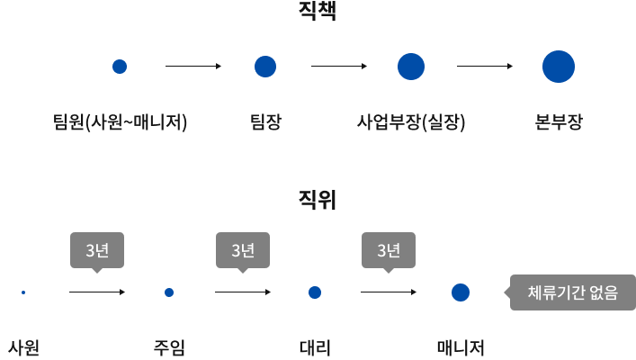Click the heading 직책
point(318,13)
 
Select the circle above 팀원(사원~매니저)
point(119,67)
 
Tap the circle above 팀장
point(264,67)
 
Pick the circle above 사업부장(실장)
point(410,67)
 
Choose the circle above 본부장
point(558,67)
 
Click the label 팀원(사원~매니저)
point(120,121)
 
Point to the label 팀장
point(264,121)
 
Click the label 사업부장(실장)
point(411,121)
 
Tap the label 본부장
point(558,121)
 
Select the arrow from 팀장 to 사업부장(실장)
point(338,67)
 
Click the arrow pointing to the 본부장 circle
point(485,67)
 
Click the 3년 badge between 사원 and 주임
point(97,250)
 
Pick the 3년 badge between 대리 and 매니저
point(389,250)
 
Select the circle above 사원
point(22,292)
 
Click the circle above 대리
point(315,292)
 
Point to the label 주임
point(169,346)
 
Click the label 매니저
point(461,346)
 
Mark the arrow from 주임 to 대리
point(243,292)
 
